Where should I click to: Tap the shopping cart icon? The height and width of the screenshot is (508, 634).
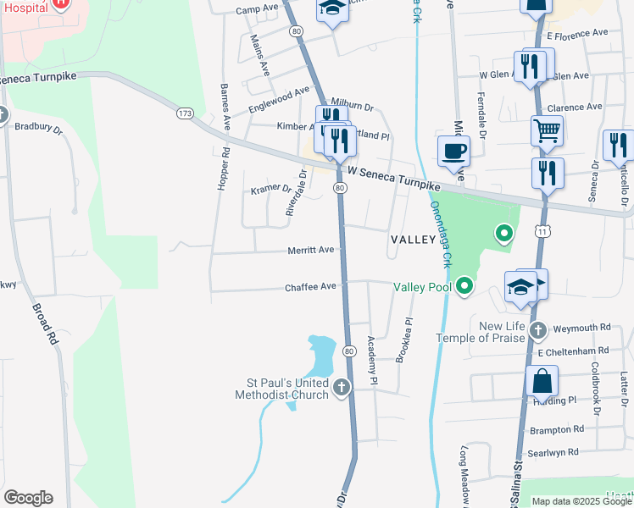pos(548,131)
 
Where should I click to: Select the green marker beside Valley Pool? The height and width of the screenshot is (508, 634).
pos(464,288)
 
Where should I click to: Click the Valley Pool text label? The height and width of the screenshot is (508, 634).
pos(422,287)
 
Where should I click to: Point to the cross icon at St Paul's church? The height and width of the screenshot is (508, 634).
pos(342,388)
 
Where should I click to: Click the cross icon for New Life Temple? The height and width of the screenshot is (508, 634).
pos(537,329)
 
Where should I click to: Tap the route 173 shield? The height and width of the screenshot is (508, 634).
pos(185,113)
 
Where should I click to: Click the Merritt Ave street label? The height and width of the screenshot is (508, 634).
pos(314,250)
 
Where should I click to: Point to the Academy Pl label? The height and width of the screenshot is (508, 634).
pos(372,362)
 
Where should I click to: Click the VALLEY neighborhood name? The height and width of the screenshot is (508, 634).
pos(413,240)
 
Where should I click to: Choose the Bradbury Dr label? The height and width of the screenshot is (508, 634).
pos(39,128)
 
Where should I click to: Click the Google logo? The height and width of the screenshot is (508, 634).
pos(27,497)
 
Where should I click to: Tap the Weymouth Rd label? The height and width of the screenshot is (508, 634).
pos(581,327)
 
